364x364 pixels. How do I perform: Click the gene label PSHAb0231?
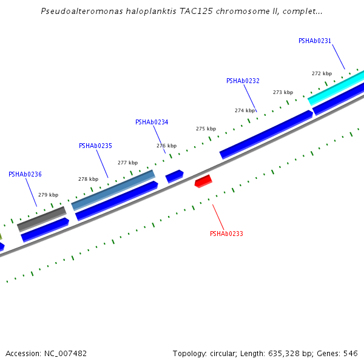click(315, 41)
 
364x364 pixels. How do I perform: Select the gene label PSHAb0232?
click(243, 81)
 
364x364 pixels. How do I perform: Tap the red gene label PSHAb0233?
click(226, 234)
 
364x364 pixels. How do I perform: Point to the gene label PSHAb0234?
click(152, 122)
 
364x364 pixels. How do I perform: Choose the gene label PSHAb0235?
click(95, 146)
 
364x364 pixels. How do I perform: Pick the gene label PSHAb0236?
click(25, 174)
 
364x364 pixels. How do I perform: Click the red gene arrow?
click(203, 181)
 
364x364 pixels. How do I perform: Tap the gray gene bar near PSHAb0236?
click(41, 218)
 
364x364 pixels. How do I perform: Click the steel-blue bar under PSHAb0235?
click(113, 190)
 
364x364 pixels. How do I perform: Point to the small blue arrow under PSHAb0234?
click(174, 176)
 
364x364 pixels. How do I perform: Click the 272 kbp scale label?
click(322, 73)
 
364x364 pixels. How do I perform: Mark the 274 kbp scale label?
click(244, 110)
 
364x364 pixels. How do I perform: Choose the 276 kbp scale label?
click(166, 146)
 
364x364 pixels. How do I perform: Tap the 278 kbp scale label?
click(88, 179)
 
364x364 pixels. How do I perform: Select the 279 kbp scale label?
click(48, 195)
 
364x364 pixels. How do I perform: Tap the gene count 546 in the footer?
click(351, 353)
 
